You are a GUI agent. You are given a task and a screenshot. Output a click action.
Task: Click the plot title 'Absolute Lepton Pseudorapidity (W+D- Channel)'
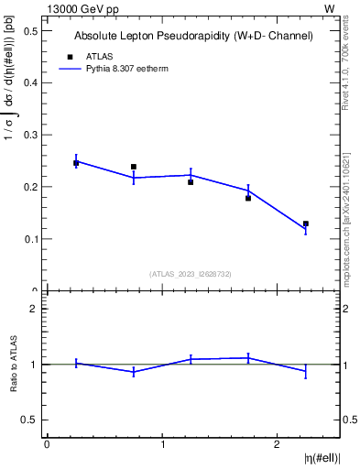[x=192, y=36]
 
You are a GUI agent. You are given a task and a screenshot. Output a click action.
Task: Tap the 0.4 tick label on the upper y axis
[x=32, y=82]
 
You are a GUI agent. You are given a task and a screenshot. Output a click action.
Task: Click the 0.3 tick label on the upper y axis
[x=32, y=135]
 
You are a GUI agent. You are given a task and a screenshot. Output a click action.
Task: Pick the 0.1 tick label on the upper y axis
[x=32, y=239]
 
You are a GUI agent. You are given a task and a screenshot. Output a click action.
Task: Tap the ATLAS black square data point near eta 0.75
[x=134, y=167]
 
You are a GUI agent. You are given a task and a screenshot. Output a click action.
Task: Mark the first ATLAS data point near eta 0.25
[x=76, y=163]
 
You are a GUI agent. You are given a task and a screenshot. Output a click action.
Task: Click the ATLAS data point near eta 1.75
[x=248, y=198]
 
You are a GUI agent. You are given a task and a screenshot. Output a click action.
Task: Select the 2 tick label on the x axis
[x=278, y=443]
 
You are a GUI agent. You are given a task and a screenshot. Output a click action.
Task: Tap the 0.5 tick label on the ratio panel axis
[x=32, y=420]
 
